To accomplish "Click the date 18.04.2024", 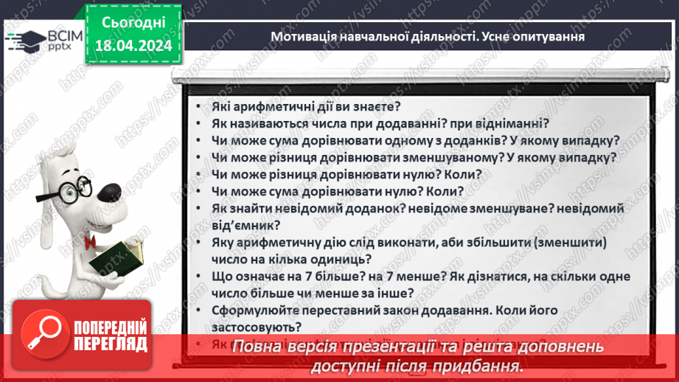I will point(133,46).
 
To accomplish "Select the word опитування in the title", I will point(547,35).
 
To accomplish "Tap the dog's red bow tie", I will point(91,242).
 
